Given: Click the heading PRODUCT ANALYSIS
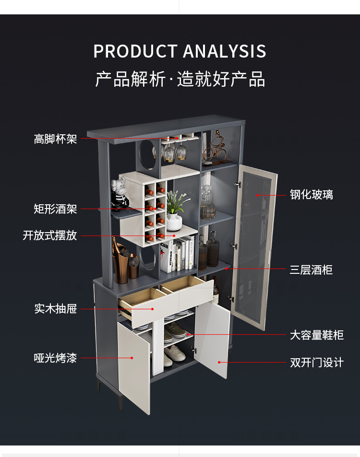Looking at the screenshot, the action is (180, 51).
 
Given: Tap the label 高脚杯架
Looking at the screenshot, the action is (55, 139).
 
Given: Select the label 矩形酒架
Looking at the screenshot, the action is (55, 209).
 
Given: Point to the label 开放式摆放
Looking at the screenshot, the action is (50, 235).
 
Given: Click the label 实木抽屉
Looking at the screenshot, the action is (55, 308).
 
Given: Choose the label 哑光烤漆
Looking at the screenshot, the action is (55, 358).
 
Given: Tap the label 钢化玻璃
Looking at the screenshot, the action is (311, 195).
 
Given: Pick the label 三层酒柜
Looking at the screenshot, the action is (311, 270).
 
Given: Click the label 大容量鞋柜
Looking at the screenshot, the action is (316, 335).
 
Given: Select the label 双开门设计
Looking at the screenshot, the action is (316, 362).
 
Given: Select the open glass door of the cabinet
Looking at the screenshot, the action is (254, 249).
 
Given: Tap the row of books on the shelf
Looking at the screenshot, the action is (179, 255).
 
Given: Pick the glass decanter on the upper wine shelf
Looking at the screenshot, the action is (207, 204).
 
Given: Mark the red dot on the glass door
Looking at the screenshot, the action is (257, 195).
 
